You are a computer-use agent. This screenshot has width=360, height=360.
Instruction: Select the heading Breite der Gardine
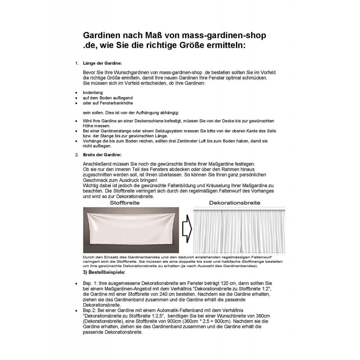click(x=103, y=154)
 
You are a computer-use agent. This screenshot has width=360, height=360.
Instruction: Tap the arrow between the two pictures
click(x=186, y=230)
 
